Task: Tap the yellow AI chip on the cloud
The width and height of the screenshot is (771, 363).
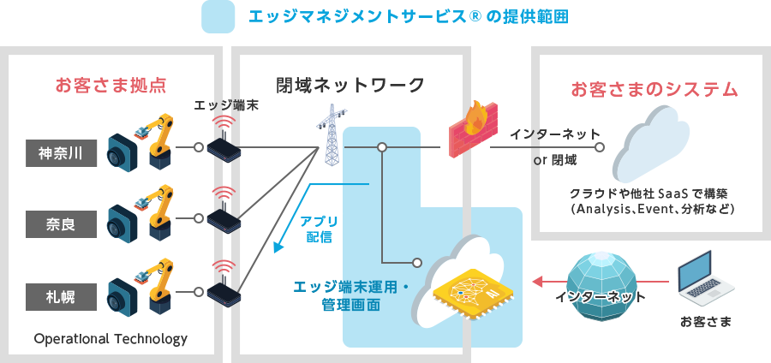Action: point(469,292)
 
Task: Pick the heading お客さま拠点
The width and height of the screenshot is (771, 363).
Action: point(110,86)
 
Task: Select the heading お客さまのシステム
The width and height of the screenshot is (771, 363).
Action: point(654,89)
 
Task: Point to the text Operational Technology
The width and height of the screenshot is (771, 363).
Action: point(110,339)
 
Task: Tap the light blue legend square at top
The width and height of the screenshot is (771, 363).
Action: point(218,17)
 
